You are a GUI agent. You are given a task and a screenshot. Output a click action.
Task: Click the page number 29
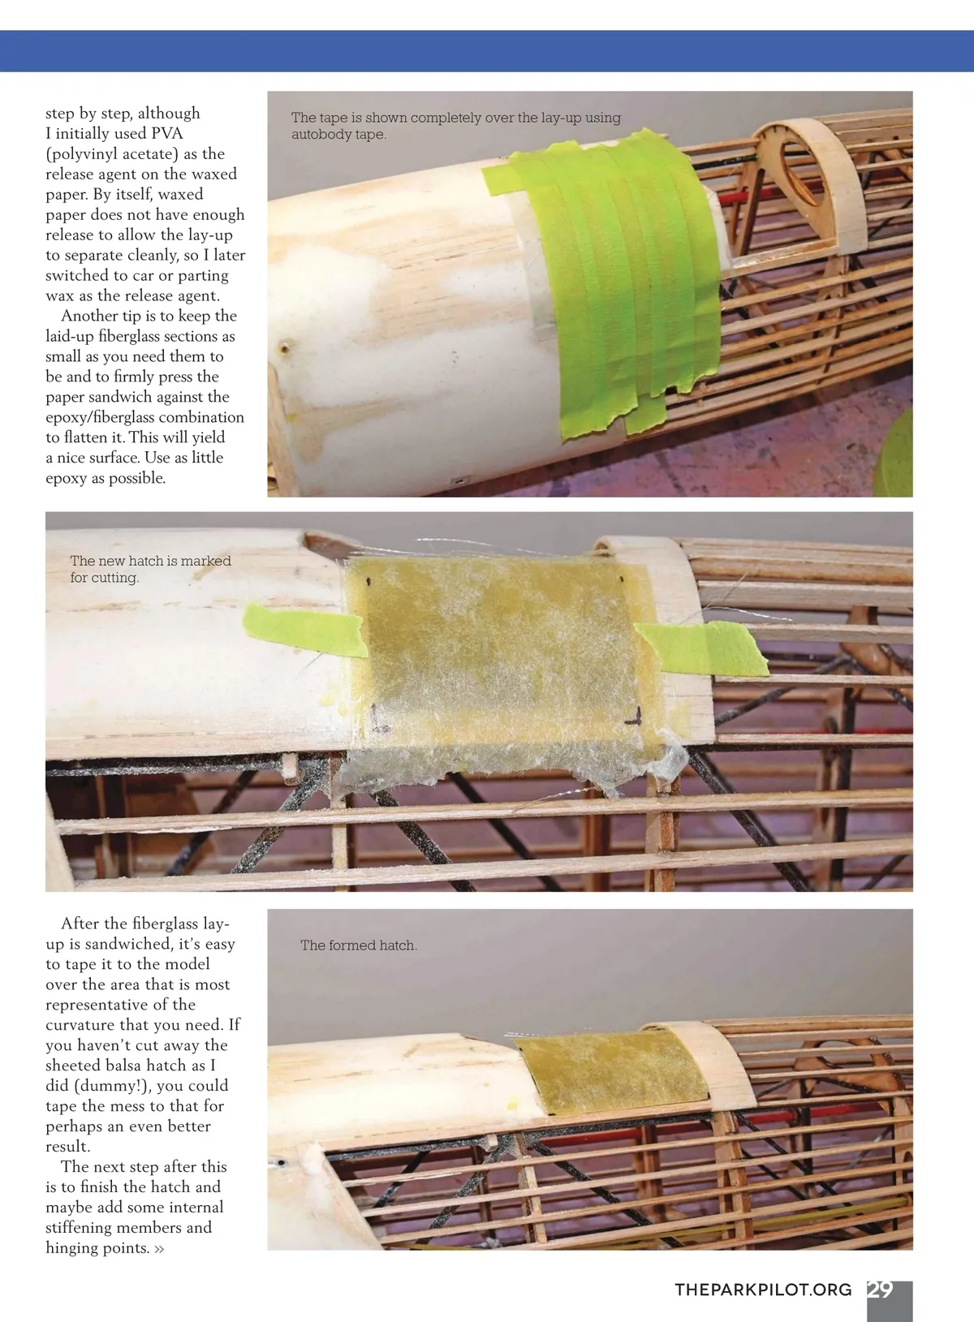tap(880, 1290)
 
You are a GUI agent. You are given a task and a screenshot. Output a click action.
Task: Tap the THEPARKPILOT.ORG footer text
tap(763, 1290)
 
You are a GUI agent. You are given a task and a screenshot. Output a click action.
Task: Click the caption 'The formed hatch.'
tap(358, 945)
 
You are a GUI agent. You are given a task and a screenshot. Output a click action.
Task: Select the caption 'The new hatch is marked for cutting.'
tap(150, 569)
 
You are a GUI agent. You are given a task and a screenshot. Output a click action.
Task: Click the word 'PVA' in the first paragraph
tap(168, 133)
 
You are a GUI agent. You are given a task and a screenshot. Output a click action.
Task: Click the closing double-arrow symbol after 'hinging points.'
tap(158, 1248)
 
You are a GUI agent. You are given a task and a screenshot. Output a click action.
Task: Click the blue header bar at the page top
tap(487, 51)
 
